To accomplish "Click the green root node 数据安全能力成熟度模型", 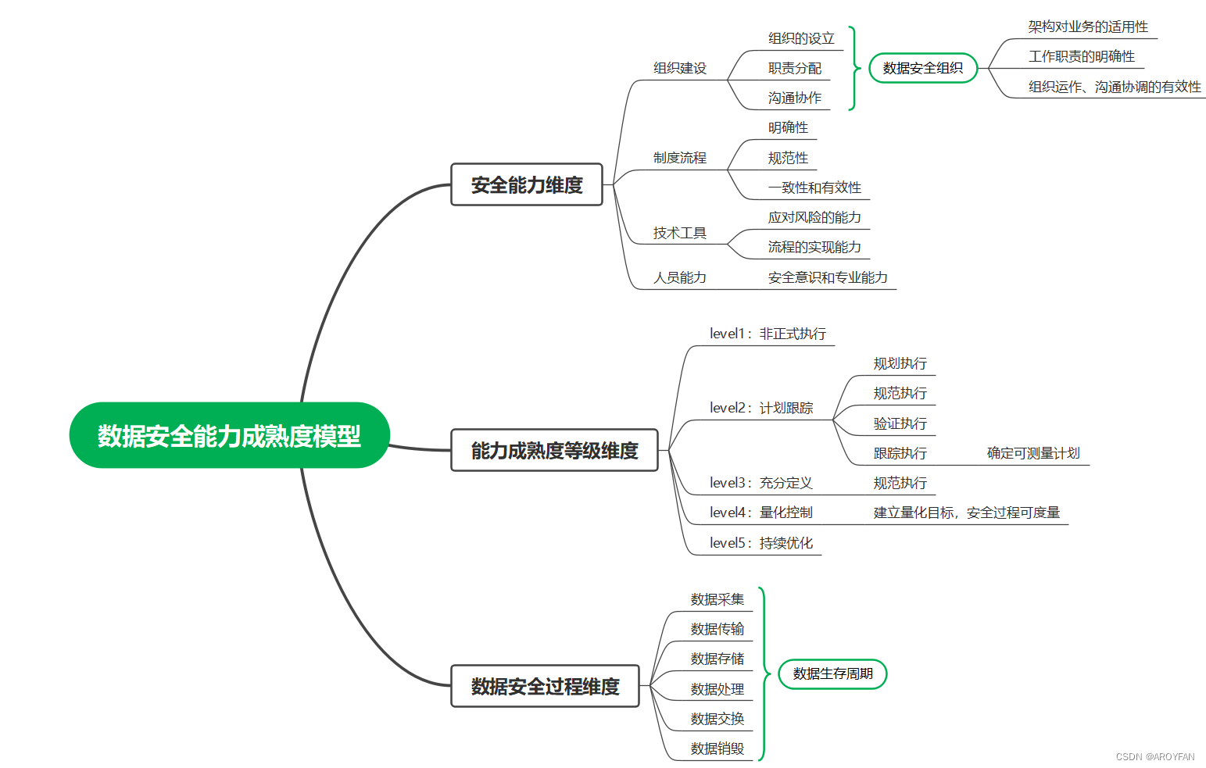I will tap(229, 435).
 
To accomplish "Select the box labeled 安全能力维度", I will tap(527, 185).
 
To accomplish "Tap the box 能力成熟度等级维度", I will tap(554, 451).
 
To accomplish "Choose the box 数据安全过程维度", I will tap(545, 686).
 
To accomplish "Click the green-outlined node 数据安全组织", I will tap(923, 68).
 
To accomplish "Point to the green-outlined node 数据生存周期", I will tap(832, 673).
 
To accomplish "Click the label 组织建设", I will tap(680, 68).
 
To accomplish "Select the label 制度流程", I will tap(680, 158).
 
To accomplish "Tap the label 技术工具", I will tap(680, 233).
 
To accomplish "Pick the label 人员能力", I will tap(680, 277).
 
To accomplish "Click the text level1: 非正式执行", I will tap(768, 334).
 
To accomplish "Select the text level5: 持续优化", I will tap(761, 543).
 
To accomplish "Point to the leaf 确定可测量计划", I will tap(1033, 453).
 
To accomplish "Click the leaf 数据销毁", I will tap(718, 748).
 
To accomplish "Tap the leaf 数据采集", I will tap(718, 599).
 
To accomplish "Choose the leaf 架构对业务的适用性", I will tap(1088, 27).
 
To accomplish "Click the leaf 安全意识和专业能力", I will tap(828, 277).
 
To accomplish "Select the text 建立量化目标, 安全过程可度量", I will tap(967, 513).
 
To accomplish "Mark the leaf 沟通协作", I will tap(795, 98).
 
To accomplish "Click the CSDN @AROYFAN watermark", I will tap(1155, 757).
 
